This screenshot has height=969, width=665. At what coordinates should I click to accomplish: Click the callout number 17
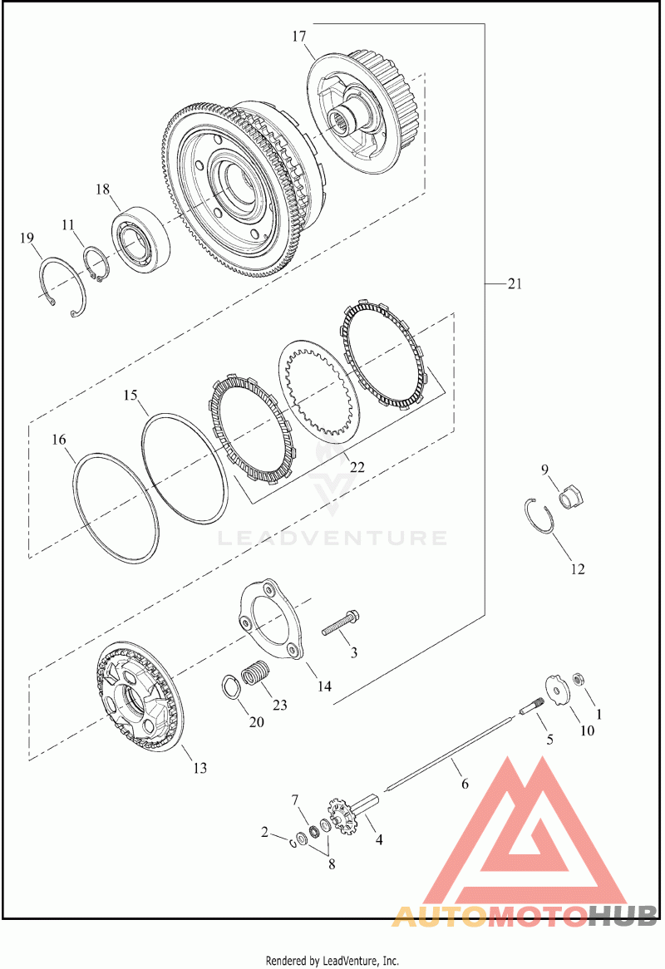[x=299, y=37]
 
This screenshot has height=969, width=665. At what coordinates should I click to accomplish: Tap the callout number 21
[x=515, y=283]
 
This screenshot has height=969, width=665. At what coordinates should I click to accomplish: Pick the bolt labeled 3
[x=341, y=623]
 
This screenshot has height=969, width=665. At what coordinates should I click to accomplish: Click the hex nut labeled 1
[x=579, y=679]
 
